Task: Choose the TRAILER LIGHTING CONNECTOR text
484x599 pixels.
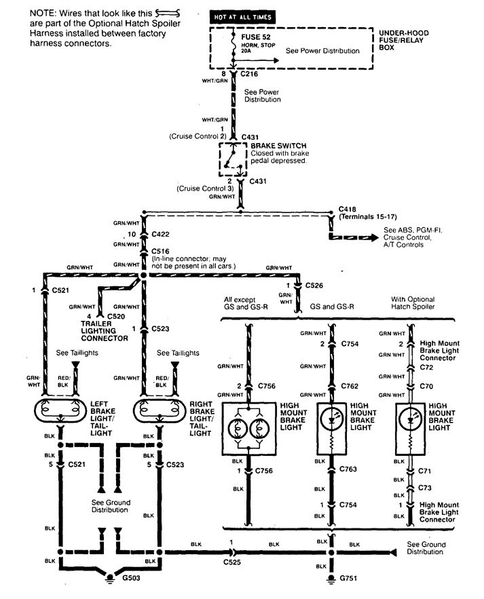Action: pyautogui.click(x=105, y=330)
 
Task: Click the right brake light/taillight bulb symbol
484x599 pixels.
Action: pyautogui.click(x=160, y=410)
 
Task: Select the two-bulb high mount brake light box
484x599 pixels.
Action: pyautogui.click(x=248, y=429)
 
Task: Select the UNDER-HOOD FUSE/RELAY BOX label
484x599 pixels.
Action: pyautogui.click(x=405, y=40)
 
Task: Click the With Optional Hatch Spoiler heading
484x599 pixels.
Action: pyautogui.click(x=413, y=303)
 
